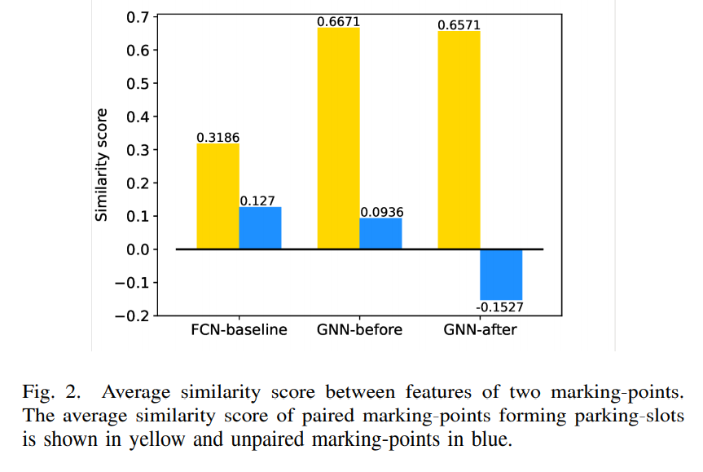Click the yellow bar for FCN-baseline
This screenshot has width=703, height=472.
pyautogui.click(x=217, y=196)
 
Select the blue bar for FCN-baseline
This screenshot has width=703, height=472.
pyautogui.click(x=260, y=228)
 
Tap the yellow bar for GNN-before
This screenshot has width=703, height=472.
pyautogui.click(x=338, y=138)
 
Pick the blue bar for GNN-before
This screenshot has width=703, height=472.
pyautogui.click(x=380, y=233)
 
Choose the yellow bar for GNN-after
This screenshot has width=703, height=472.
pyautogui.click(x=459, y=139)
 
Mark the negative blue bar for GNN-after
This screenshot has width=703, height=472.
pyautogui.click(x=501, y=275)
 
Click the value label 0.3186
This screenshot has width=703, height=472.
pyautogui.click(x=218, y=137)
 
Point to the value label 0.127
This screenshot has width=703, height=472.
pyautogui.click(x=260, y=201)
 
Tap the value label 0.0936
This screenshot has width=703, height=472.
pyautogui.click(x=381, y=212)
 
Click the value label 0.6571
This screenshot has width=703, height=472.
pyautogui.click(x=459, y=24)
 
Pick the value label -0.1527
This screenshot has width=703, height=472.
pyautogui.click(x=501, y=307)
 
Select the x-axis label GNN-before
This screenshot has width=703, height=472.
pyautogui.click(x=359, y=330)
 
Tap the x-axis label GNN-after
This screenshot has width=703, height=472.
pyautogui.click(x=480, y=330)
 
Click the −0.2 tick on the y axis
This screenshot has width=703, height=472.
pyautogui.click(x=133, y=316)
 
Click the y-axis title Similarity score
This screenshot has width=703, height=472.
pyautogui.click(x=102, y=165)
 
